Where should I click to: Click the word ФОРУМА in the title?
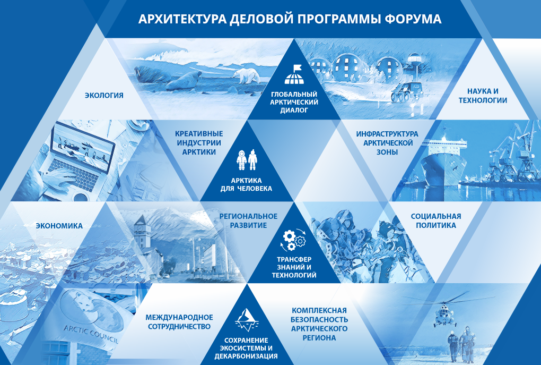413,19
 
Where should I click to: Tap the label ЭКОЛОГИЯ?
104,96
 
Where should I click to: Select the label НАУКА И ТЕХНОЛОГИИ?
483,96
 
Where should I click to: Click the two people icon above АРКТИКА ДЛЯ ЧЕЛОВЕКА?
247,160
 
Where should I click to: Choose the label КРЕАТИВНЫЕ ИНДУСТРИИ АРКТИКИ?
199,143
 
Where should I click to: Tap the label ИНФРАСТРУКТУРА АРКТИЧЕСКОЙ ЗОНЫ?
387,143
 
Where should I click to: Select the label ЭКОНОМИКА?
59,226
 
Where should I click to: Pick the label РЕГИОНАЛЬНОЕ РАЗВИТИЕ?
248,221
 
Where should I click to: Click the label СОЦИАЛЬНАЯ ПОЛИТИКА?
436,221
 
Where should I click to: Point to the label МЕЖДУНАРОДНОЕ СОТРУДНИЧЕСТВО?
179,322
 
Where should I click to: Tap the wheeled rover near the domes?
407,91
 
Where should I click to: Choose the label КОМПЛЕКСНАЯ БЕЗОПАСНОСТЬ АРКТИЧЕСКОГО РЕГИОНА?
319,324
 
